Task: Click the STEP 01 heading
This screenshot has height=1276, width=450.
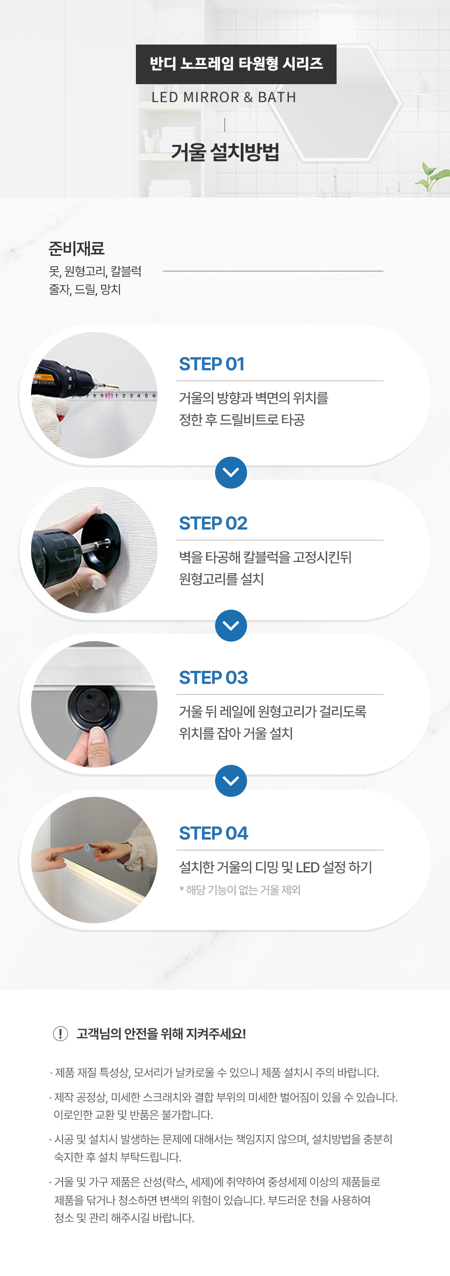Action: click(x=211, y=364)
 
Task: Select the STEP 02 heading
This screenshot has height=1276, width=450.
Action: click(x=213, y=523)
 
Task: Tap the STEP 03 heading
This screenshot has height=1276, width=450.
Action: click(x=213, y=678)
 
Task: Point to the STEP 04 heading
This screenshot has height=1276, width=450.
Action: click(x=213, y=833)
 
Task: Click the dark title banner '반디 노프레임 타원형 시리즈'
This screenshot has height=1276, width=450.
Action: click(x=236, y=64)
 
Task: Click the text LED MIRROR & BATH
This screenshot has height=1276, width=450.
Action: click(x=224, y=97)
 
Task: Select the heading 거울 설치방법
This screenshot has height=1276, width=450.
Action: click(x=225, y=152)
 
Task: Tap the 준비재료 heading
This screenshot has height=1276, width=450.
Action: click(x=76, y=248)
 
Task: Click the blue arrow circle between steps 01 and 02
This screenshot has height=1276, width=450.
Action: click(x=231, y=472)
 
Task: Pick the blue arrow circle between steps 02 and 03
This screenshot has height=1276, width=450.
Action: click(x=231, y=625)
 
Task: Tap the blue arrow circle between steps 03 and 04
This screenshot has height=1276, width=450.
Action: click(x=231, y=781)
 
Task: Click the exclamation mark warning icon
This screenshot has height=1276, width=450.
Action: click(x=60, y=1034)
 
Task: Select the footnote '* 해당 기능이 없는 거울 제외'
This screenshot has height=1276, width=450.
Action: click(x=240, y=890)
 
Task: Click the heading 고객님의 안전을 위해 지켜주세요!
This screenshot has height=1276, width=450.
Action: click(x=161, y=1034)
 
